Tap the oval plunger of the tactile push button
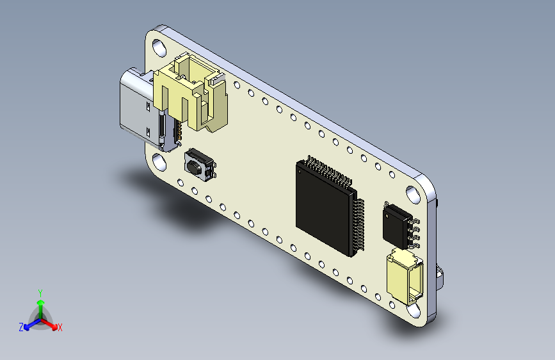[193, 167]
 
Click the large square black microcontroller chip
[323, 206]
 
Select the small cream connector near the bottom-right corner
[405, 277]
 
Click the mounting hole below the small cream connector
[414, 309]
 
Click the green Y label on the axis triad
[40, 292]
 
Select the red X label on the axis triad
[60, 328]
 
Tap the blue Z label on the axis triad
[21, 327]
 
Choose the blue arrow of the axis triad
[29, 325]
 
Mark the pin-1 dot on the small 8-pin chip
[387, 206]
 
